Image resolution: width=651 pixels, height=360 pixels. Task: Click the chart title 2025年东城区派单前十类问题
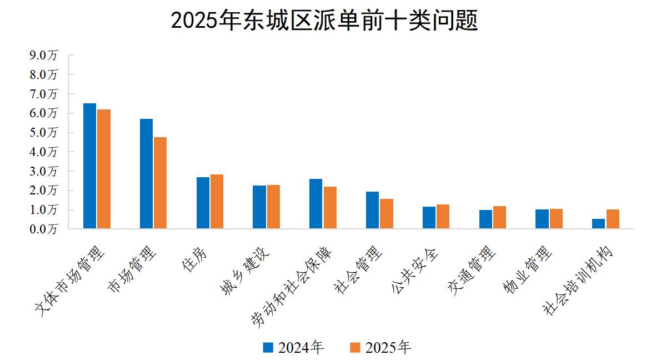tap(324, 22)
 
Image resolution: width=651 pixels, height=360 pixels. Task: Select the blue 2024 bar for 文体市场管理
tap(89, 166)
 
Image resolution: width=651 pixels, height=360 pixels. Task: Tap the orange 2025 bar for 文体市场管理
tap(104, 169)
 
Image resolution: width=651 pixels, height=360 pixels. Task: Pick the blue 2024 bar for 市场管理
tap(146, 174)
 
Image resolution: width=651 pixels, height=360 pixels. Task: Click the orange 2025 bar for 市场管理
tap(160, 183)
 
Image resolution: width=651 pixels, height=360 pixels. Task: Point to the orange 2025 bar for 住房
tap(217, 202)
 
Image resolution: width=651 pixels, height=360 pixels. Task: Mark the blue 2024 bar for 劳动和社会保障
tap(316, 204)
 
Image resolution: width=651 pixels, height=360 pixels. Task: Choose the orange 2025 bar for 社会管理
tap(386, 214)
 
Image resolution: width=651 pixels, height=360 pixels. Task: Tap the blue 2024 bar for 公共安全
tap(428, 218)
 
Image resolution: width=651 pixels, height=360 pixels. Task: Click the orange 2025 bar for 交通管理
tap(499, 217)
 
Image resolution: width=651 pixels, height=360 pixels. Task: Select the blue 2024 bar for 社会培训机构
tap(598, 224)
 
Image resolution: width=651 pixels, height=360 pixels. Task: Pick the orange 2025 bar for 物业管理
tap(556, 219)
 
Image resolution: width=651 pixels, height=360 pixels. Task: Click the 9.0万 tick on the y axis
tap(44, 55)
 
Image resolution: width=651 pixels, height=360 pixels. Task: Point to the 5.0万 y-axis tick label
tap(44, 132)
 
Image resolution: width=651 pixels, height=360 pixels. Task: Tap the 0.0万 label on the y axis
tap(44, 229)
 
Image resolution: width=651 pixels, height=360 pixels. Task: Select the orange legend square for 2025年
tap(355, 348)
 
